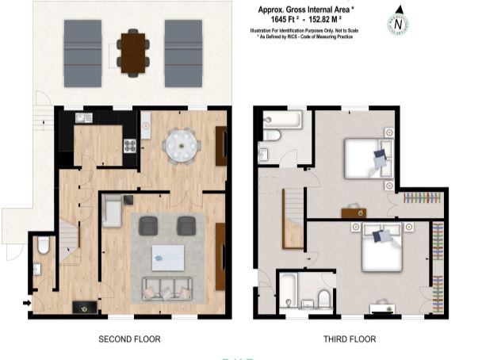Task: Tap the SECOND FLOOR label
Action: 129,339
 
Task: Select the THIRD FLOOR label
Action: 350,339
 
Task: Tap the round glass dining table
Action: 181,144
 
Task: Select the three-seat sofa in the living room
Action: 166,289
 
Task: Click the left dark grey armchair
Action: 149,226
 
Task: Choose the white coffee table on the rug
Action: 167,255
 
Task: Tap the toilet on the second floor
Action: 44,247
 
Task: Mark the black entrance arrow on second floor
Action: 29,302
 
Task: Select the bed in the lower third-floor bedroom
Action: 383,251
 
